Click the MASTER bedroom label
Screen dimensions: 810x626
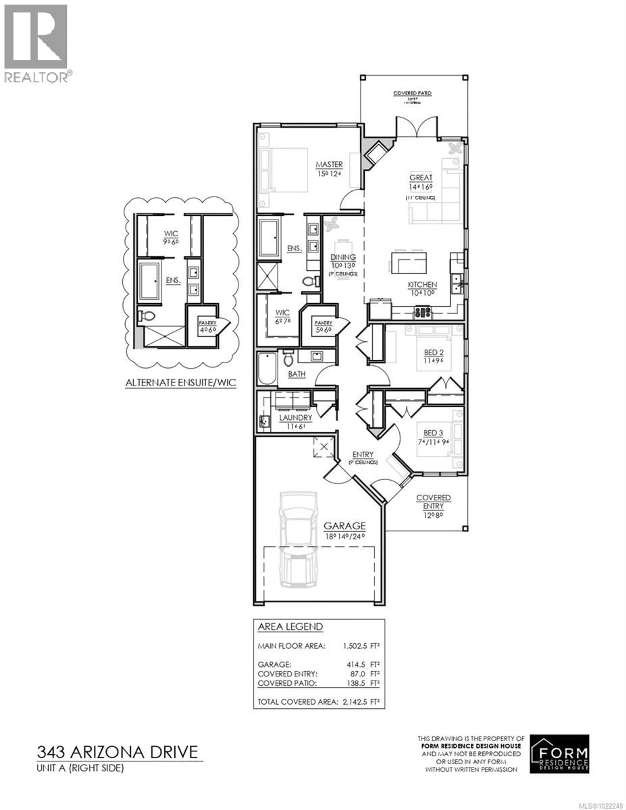[329, 164]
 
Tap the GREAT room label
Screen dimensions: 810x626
[421, 178]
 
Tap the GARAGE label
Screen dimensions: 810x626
[344, 526]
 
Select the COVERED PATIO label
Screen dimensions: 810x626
[412, 93]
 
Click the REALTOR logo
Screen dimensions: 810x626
[36, 43]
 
